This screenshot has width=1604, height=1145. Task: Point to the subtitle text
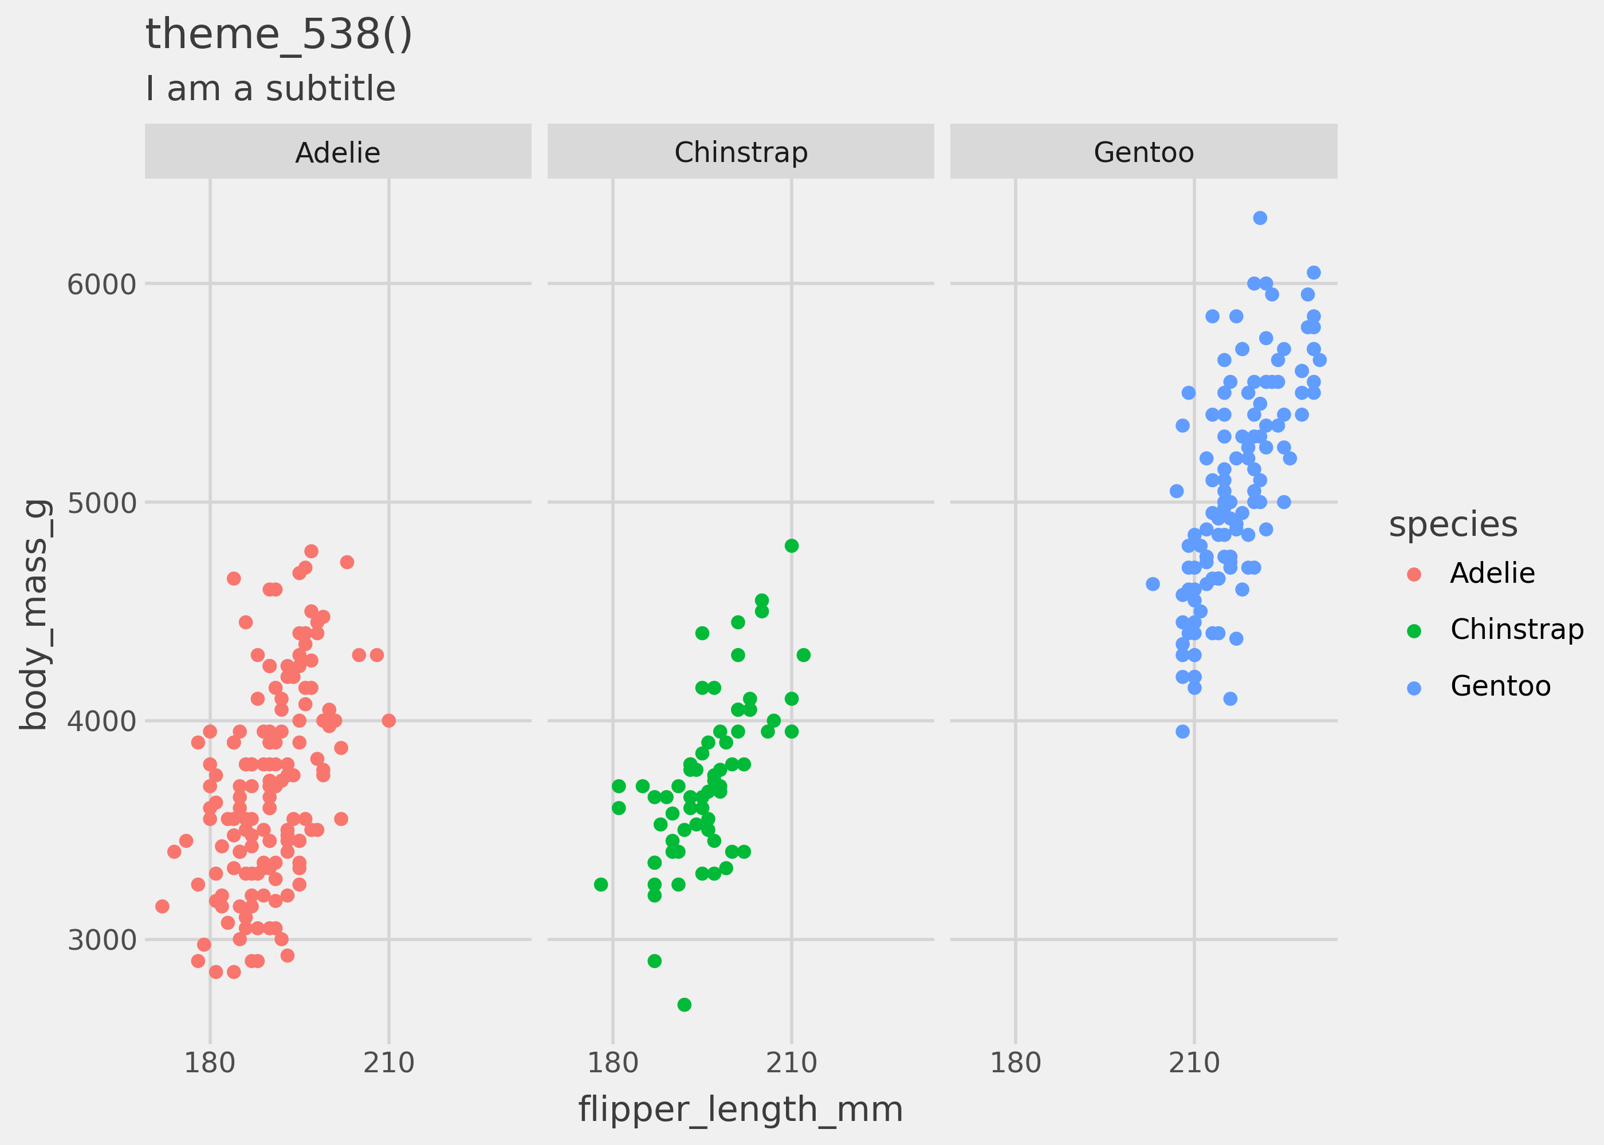(270, 89)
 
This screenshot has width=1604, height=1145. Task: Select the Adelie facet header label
(337, 152)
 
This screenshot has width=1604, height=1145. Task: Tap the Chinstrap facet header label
(741, 152)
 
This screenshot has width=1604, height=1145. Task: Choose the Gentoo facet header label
(1143, 152)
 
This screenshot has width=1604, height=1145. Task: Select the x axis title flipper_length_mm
(741, 1109)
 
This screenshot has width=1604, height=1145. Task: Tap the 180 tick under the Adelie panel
(210, 1063)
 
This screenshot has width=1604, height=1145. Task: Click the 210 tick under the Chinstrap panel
(792, 1063)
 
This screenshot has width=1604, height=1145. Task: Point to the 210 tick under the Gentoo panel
(1194, 1063)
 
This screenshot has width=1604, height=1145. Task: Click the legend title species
(1453, 524)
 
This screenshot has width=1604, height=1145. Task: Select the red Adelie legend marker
(1414, 574)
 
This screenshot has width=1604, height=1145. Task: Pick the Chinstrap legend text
(1516, 629)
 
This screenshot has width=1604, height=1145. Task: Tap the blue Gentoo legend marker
(1414, 688)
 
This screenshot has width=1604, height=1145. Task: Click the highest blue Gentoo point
(1260, 218)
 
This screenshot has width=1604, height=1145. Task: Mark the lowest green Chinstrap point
(684, 1005)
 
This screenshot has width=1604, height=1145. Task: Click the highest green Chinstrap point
(792, 546)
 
